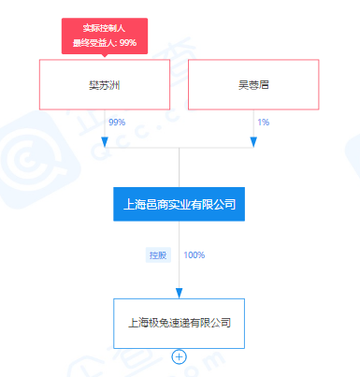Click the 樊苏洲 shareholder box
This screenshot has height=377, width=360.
point(104,84)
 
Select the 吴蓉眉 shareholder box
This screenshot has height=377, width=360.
point(253,84)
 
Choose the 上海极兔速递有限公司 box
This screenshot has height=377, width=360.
point(179,324)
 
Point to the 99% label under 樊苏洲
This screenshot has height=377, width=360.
point(117,123)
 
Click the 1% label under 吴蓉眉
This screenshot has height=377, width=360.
point(263,123)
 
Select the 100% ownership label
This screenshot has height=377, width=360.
point(194,254)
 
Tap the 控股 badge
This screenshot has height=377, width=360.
point(158,254)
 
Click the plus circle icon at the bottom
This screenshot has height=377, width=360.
point(179,355)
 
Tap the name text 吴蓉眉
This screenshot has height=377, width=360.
point(253,84)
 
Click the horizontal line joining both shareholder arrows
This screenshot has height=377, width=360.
point(179,147)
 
